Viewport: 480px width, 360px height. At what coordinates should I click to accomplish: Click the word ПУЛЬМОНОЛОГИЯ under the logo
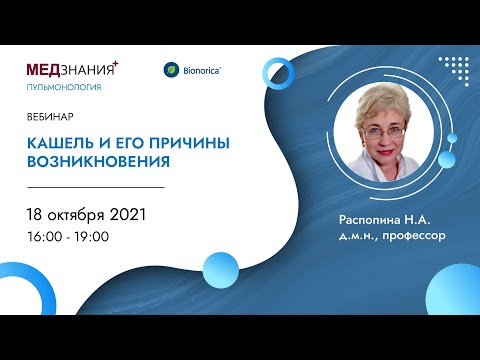click(63, 87)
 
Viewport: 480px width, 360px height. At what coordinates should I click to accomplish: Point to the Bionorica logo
click(192, 70)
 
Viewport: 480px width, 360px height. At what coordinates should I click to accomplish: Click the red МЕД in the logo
click(46, 70)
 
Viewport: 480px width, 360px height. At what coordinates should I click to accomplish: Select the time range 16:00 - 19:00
click(68, 236)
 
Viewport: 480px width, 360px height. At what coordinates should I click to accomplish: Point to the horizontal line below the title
click(95, 186)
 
